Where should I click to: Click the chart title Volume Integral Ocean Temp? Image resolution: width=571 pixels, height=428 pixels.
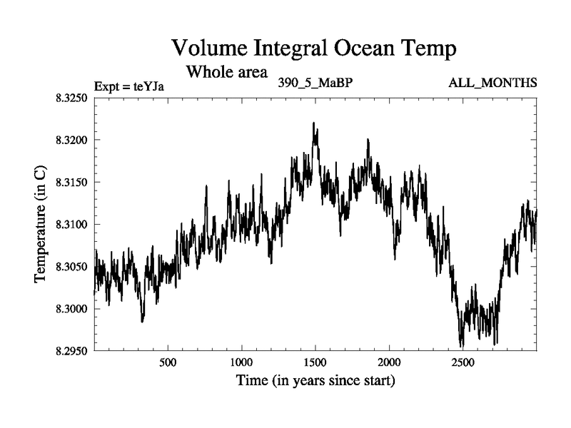(314, 49)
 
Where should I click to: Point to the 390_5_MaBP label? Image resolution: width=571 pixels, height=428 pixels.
(315, 83)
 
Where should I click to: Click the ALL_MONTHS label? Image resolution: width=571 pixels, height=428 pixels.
(492, 83)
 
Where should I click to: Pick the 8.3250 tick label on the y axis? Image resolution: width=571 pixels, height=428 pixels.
(70, 98)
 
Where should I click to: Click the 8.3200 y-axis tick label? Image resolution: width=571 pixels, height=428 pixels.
(70, 140)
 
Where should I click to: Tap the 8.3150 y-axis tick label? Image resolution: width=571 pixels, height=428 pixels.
(70, 182)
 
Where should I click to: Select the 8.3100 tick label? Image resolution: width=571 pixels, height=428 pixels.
(70, 224)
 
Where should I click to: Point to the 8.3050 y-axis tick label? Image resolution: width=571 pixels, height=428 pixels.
(70, 267)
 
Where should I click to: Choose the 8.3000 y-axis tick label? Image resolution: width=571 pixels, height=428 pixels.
(70, 309)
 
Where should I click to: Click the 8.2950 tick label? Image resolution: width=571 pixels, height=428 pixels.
(70, 351)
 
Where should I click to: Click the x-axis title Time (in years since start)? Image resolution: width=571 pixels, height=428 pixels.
(315, 381)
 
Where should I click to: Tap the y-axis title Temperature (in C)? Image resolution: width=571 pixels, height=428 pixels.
(41, 225)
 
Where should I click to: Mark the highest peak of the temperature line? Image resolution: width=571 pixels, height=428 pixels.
(313, 123)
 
